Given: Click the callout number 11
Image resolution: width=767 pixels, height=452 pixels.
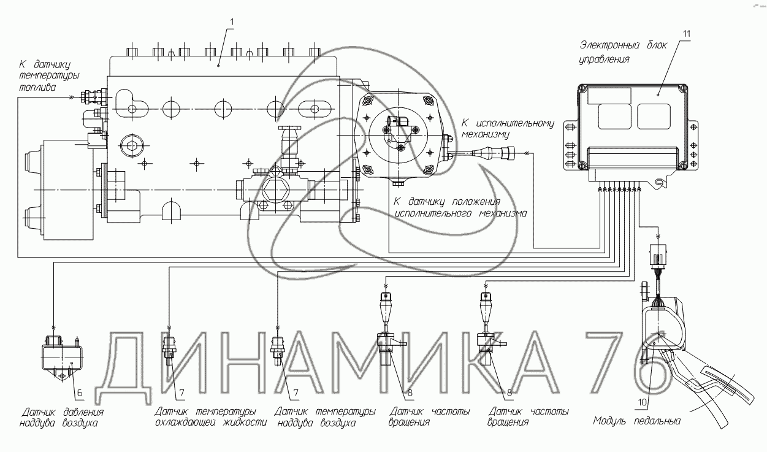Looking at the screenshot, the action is click(687, 34).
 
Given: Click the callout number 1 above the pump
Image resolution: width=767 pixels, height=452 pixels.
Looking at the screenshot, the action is click(232, 22).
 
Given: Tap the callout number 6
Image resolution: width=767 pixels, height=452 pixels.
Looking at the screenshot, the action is click(80, 393).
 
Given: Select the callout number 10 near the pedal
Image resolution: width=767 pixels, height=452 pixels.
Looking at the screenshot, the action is click(643, 402).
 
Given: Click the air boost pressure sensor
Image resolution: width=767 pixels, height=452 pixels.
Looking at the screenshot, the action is click(61, 357).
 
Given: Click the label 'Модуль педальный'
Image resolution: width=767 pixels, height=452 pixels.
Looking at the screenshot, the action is click(636, 421).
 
